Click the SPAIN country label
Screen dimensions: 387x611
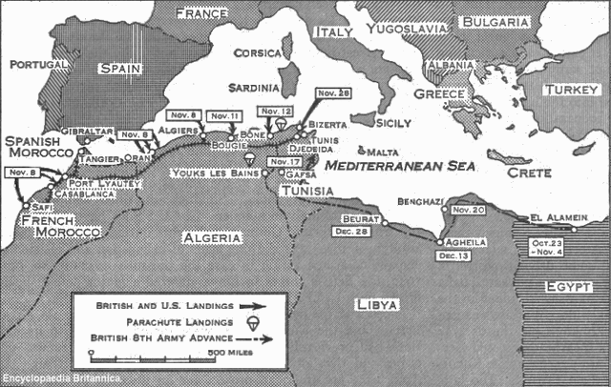[122, 70]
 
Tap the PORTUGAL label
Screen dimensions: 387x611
[39, 65]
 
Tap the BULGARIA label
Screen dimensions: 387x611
[496, 22]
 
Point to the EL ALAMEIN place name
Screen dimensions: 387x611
[553, 217]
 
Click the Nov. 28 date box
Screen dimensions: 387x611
[333, 92]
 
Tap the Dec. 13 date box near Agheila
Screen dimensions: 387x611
[451, 255]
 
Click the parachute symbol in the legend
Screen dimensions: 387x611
[252, 322]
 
